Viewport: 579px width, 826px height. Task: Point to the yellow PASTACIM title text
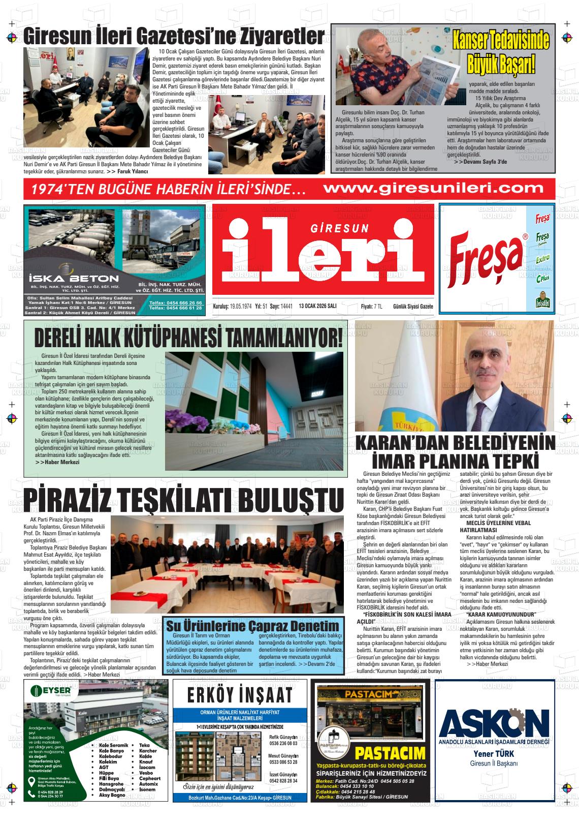click(x=390, y=753)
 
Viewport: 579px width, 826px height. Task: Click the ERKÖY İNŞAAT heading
click(x=239, y=695)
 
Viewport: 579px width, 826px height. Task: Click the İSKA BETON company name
click(x=74, y=278)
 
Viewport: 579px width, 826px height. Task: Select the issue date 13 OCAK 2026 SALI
click(x=318, y=306)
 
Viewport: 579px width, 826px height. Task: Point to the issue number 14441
click(x=287, y=306)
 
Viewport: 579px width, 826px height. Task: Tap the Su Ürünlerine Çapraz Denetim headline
click(x=252, y=626)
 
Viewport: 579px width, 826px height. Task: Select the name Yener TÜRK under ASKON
click(x=494, y=754)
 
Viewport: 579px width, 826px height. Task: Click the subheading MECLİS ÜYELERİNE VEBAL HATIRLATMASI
click(x=495, y=526)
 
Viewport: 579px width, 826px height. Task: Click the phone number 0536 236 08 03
click(x=283, y=743)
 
